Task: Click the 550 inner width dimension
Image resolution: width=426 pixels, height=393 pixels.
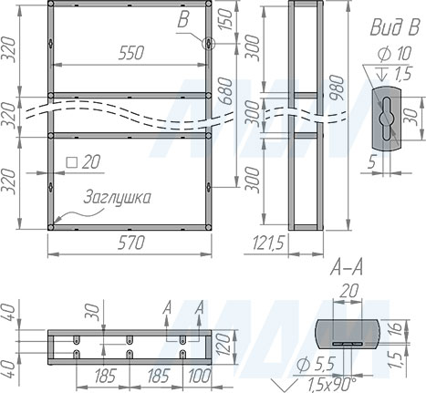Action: pos(130,53)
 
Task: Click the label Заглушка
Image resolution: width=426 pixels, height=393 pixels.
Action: pos(116,197)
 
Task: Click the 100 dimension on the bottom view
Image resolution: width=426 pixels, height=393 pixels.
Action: pos(197,375)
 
